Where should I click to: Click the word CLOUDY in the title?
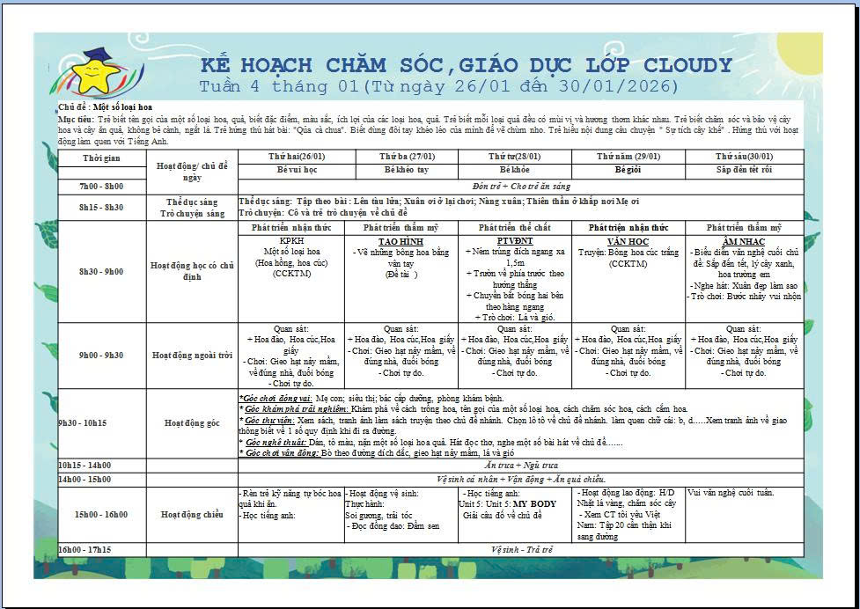tap(687, 66)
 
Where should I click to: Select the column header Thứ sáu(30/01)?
tap(745, 156)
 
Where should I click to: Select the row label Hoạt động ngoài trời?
tap(191, 356)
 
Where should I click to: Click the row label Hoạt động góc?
tap(191, 422)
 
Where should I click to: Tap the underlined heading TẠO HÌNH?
tap(401, 240)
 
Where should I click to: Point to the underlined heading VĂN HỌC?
tap(628, 240)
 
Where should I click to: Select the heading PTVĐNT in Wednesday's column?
tap(514, 240)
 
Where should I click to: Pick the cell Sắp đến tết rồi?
tap(745, 168)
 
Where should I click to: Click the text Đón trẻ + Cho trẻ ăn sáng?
tap(521, 187)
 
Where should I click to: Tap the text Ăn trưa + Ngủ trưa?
tap(521, 465)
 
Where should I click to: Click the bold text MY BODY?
tap(535, 504)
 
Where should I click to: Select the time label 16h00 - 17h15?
tap(85, 549)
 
